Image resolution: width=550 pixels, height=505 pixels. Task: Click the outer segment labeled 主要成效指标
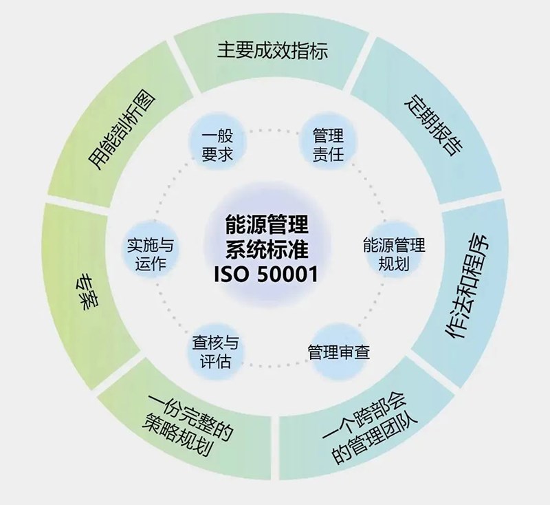click(272, 52)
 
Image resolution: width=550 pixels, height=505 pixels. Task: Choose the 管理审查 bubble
click(338, 354)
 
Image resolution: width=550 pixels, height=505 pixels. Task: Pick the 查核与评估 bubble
click(215, 353)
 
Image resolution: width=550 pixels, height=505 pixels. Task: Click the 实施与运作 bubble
click(151, 253)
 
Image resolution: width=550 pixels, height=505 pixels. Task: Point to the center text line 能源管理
click(272, 225)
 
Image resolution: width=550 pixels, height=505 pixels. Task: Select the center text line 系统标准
click(272, 249)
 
